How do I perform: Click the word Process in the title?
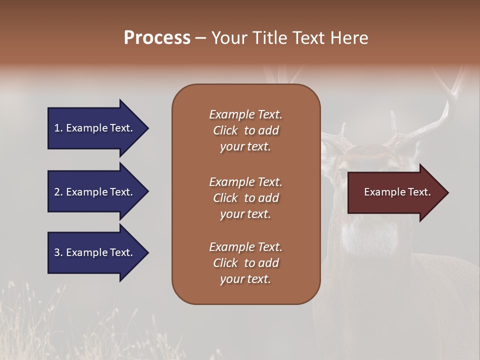pyautogui.click(x=157, y=38)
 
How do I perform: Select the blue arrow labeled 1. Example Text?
pyautogui.click(x=95, y=128)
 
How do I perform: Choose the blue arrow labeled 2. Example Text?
pyautogui.click(x=95, y=192)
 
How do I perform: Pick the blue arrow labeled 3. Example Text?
pyautogui.click(x=95, y=252)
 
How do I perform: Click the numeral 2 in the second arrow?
pyautogui.click(x=56, y=192)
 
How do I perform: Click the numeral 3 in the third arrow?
pyautogui.click(x=56, y=252)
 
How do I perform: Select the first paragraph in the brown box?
pyautogui.click(x=245, y=130)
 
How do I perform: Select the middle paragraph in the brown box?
pyautogui.click(x=245, y=198)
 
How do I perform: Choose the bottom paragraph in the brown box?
pyautogui.click(x=245, y=263)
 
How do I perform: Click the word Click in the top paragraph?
pyautogui.click(x=225, y=130)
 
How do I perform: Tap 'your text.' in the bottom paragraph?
pyautogui.click(x=245, y=279)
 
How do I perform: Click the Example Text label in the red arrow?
pyautogui.click(x=397, y=192)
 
